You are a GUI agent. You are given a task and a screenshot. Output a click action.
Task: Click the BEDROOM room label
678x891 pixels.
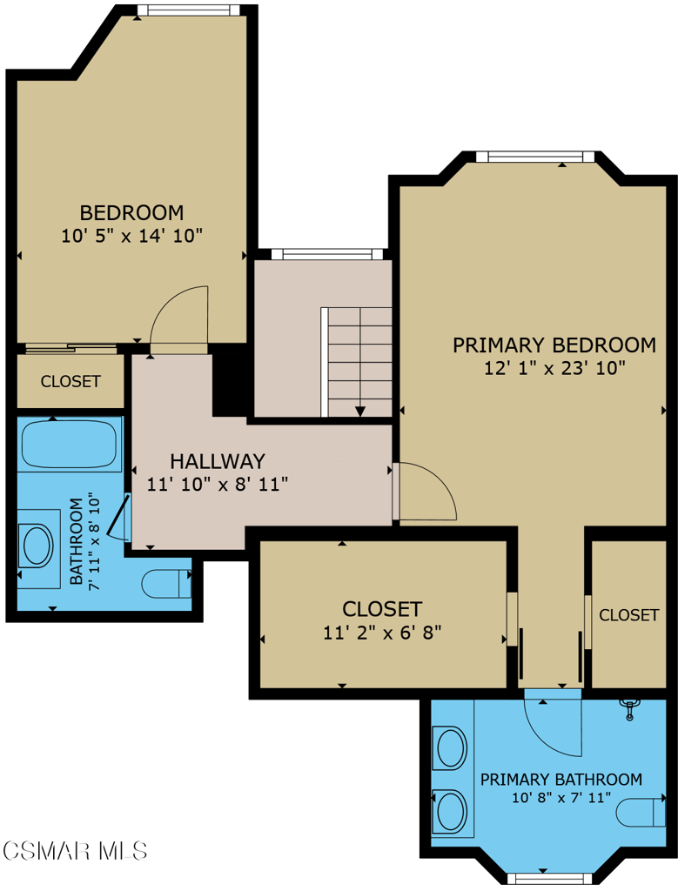click(x=131, y=212)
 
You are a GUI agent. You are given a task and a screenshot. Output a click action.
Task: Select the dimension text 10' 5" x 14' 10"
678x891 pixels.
click(x=131, y=235)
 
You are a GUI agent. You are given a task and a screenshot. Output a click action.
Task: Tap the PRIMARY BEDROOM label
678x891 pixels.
click(x=554, y=345)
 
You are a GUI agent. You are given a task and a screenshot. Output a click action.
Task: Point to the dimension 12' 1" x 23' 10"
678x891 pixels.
click(x=555, y=368)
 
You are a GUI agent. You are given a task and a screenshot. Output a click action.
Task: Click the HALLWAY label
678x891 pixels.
click(x=217, y=461)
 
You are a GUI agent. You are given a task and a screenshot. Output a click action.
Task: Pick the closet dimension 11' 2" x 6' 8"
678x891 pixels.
click(x=382, y=633)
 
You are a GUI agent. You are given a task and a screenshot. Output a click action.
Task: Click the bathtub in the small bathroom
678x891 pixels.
click(x=69, y=445)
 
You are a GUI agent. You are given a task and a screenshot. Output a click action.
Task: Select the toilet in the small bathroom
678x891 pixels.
click(x=166, y=583)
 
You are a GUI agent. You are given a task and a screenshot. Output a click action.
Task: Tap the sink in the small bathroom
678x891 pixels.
click(x=37, y=546)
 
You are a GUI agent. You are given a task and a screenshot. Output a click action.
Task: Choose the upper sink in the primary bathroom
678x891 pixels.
click(x=451, y=747)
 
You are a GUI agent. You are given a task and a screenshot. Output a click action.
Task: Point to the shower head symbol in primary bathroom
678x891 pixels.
click(x=629, y=709)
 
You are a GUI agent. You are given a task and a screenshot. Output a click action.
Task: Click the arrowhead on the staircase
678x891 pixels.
click(x=360, y=411)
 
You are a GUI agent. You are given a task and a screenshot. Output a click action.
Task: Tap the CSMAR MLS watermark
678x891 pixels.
click(x=75, y=849)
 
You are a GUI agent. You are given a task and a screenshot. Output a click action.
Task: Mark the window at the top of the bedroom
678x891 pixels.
click(x=188, y=10)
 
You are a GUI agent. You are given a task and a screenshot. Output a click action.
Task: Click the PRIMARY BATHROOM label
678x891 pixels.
click(x=561, y=780)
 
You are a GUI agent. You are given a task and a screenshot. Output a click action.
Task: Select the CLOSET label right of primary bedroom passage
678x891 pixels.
click(x=628, y=615)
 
